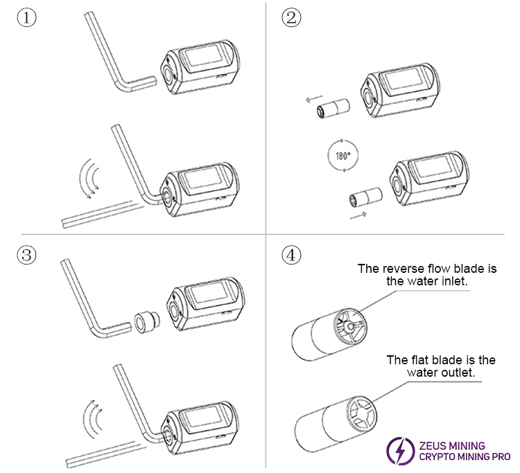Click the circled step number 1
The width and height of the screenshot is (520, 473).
point(26,19)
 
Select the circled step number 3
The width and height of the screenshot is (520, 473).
point(26,256)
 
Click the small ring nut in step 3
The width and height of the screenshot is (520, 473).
point(144,322)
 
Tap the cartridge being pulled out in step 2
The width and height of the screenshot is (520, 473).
point(331,109)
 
